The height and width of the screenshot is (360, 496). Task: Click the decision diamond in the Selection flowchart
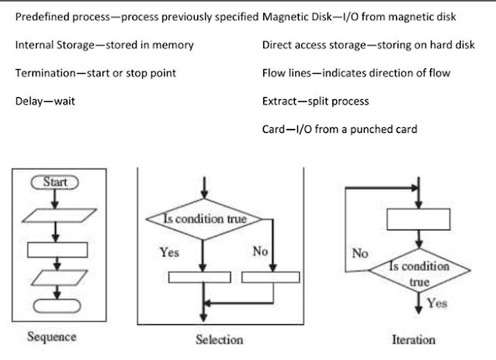tap(203, 220)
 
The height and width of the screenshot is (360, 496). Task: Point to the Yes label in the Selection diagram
tap(169, 251)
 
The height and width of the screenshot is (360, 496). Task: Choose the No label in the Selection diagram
tap(260, 251)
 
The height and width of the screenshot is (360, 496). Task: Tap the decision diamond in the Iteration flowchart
tap(419, 272)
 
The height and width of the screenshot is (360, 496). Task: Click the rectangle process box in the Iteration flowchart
tap(419, 220)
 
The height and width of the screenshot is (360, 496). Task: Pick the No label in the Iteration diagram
tap(360, 254)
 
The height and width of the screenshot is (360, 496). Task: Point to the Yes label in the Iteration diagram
tap(437, 303)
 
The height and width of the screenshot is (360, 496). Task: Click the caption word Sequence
tap(51, 337)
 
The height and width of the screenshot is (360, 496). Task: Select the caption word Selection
tap(220, 339)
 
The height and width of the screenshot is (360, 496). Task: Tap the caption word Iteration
tap(414, 339)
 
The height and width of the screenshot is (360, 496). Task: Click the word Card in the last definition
tap(276, 129)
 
